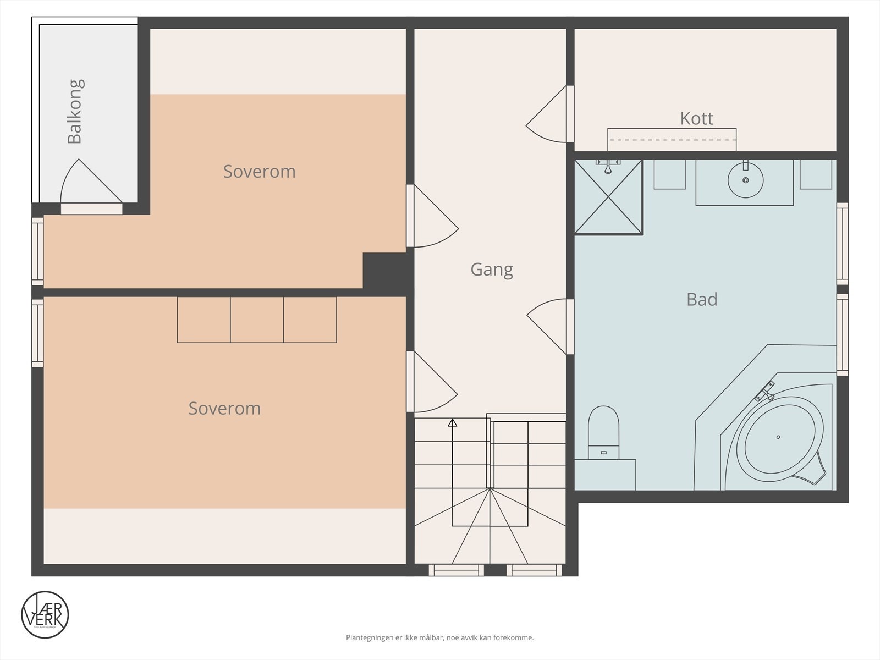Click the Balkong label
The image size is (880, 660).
coord(75,112)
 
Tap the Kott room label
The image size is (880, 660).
coord(696,118)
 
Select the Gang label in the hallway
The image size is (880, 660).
coord(492,269)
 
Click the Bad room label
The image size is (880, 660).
coord(702,299)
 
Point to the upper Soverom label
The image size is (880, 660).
coord(259,172)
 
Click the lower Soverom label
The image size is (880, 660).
coord(224,408)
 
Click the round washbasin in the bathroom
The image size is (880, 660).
coord(745,180)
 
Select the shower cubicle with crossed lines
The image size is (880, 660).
coord(608,197)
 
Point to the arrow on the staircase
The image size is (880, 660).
coord(453,422)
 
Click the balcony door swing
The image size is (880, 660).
coord(88,184)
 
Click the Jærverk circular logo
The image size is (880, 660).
coord(45,614)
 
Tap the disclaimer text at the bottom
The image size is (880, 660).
coord(439,638)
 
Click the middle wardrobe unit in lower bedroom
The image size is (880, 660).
coord(257,320)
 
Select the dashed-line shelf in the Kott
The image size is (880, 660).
coord(672,140)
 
